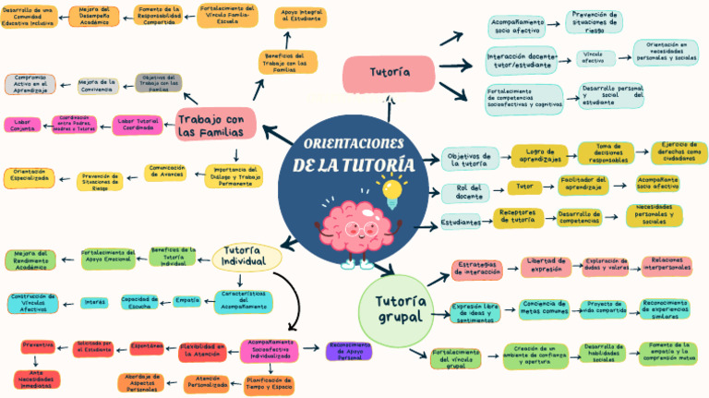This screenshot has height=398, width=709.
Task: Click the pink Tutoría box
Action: [389, 72]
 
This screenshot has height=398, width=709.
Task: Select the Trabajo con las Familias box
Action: [210, 126]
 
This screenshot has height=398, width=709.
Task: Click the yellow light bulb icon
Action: [395, 191]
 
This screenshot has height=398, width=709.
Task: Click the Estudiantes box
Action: [461, 222]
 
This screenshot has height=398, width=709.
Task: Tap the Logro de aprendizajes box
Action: [539, 154]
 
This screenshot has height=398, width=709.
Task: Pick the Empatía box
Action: [187, 300]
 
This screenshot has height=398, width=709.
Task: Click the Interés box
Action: [94, 301]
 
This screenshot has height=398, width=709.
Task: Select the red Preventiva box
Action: [38, 346]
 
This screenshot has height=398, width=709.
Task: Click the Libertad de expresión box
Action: [547, 267]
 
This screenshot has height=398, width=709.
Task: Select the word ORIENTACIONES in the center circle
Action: [354, 145]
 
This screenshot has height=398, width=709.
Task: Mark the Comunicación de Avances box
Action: [165, 171]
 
